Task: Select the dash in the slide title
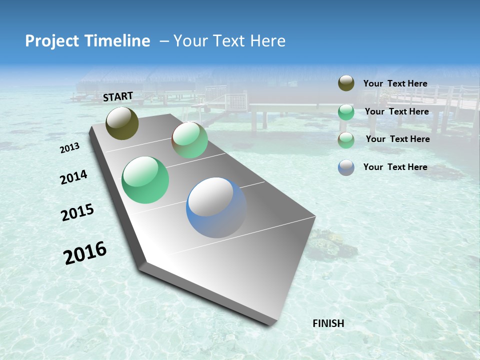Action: (x=164, y=41)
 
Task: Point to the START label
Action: (x=118, y=96)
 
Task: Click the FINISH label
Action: (x=328, y=323)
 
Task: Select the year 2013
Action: (x=69, y=148)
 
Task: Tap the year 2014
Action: (x=73, y=177)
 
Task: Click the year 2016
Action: (x=85, y=253)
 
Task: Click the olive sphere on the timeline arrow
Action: (x=122, y=123)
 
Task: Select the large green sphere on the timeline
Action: (x=145, y=180)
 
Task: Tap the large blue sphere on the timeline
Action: (x=216, y=207)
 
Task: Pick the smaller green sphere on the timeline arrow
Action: (x=190, y=140)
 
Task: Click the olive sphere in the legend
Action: (x=346, y=83)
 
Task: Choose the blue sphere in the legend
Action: (x=346, y=167)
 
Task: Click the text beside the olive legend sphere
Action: (x=395, y=83)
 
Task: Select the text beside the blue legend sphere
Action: (x=395, y=167)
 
